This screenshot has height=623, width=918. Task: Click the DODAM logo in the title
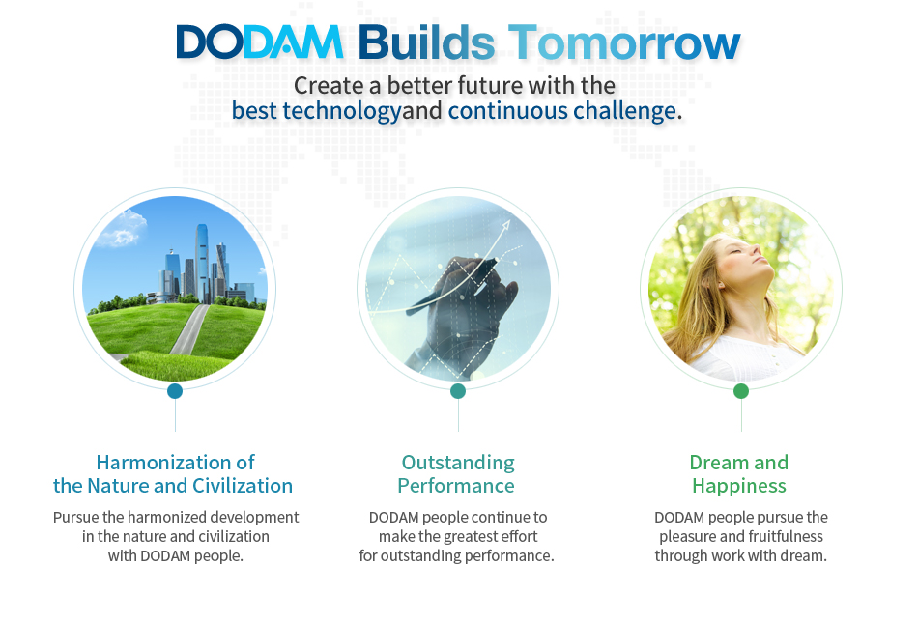pos(259,42)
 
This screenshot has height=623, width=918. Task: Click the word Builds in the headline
pos(427,42)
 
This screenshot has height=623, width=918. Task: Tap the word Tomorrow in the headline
pos(624,42)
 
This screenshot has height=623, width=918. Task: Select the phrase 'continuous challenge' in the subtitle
pos(562,110)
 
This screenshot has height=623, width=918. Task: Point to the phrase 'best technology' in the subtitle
pos(316,111)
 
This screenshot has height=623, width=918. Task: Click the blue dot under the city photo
pos(175,391)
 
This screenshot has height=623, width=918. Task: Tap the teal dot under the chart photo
pos(458,391)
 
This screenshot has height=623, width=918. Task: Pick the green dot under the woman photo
pos(741,391)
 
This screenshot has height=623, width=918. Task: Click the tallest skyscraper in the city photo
pos(202,264)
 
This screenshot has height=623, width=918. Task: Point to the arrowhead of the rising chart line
pos(505,225)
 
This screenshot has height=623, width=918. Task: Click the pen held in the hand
pos(451,285)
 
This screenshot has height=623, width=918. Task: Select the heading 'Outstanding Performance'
pos(457,474)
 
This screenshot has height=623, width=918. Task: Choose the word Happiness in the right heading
pos(739,487)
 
